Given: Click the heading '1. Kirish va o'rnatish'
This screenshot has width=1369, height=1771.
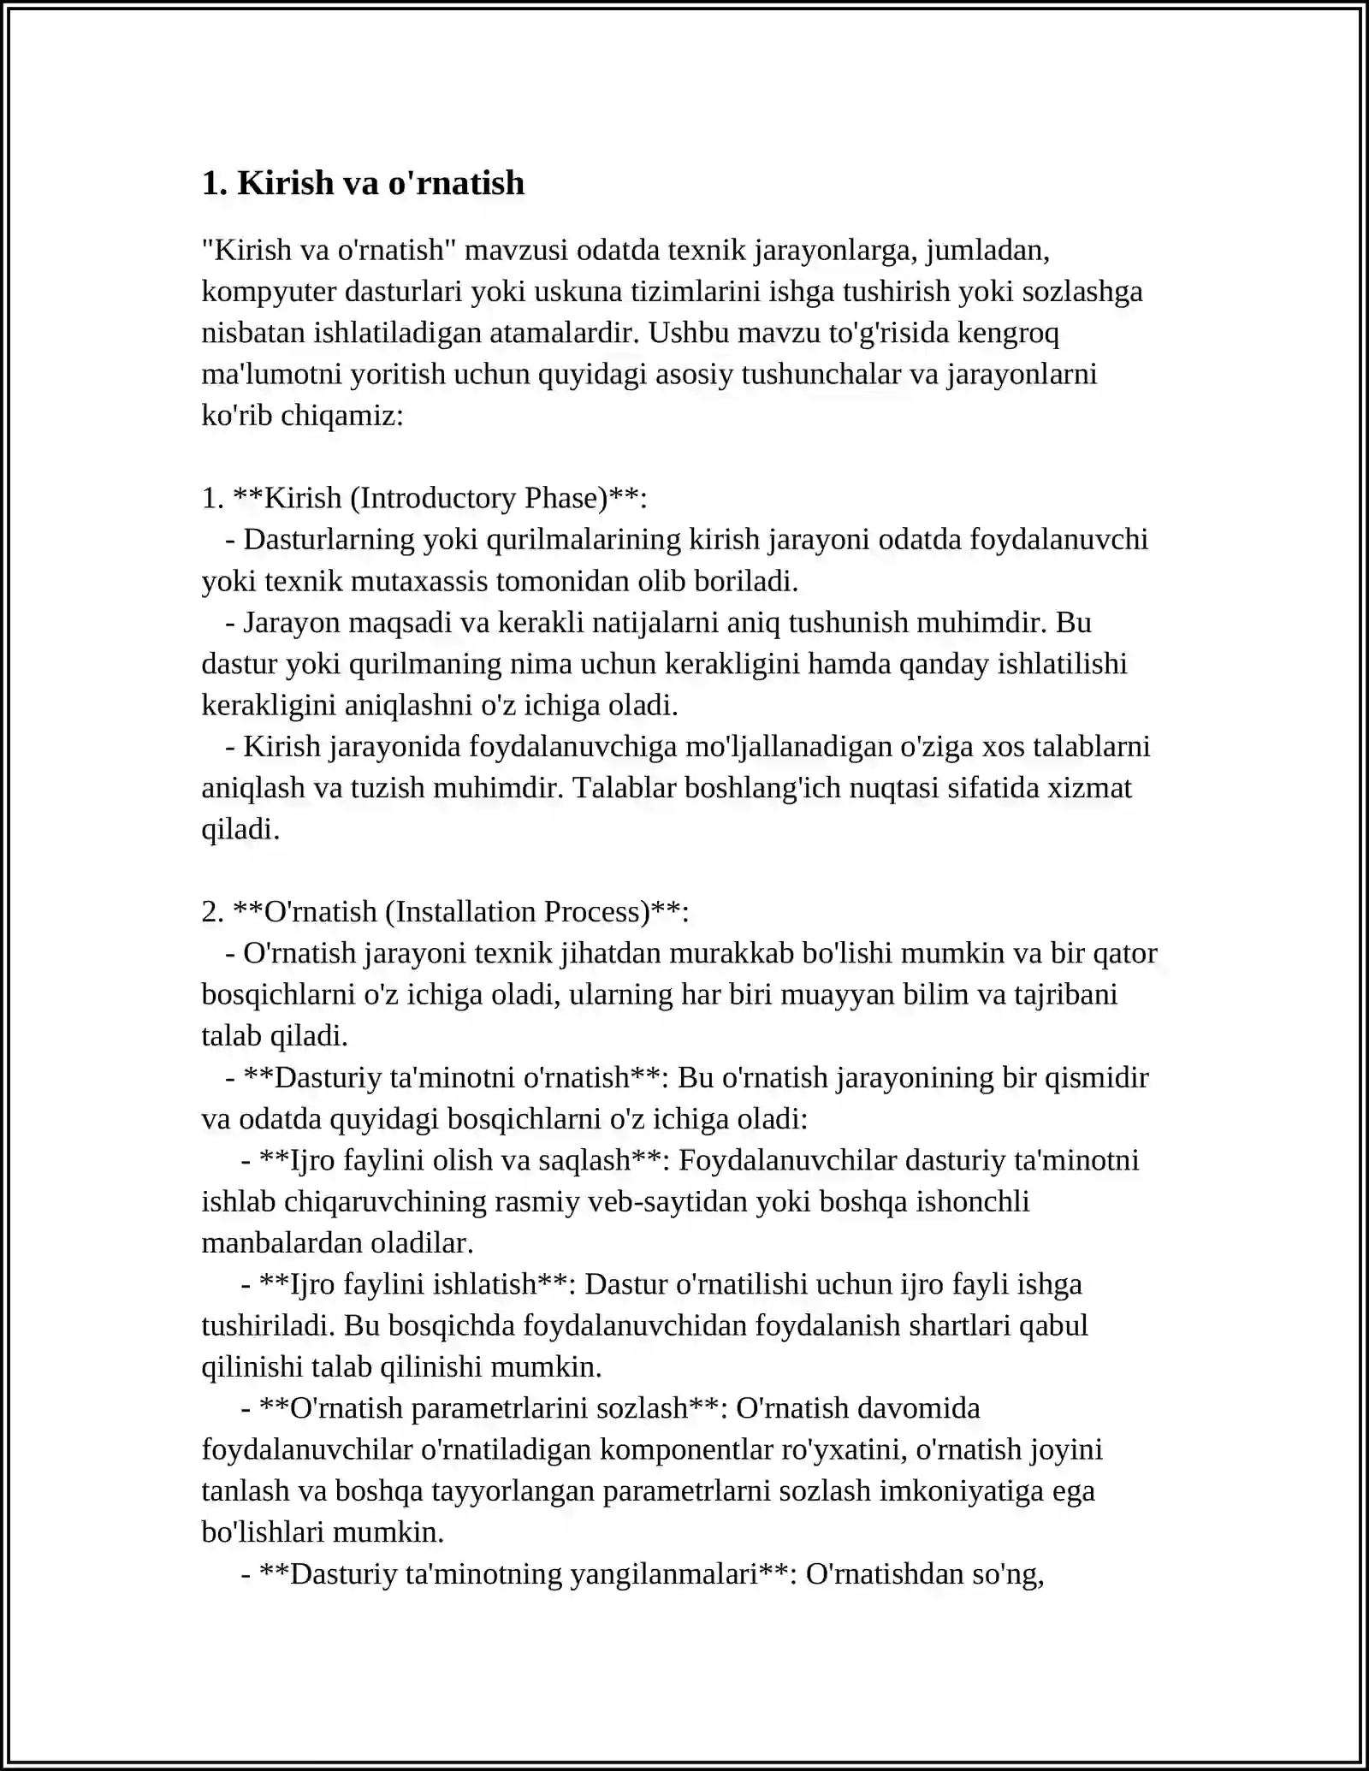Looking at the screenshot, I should tap(363, 183).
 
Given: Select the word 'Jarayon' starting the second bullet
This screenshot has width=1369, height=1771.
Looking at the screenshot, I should tap(292, 623).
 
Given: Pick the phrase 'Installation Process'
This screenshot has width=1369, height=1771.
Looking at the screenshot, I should tap(518, 912).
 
